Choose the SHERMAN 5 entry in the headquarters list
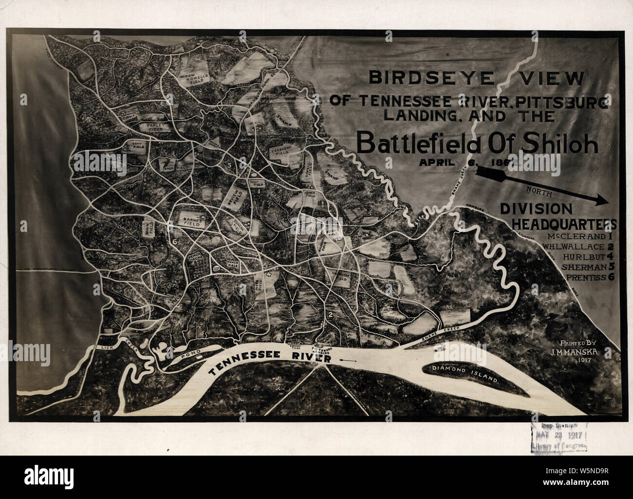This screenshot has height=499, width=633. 588,267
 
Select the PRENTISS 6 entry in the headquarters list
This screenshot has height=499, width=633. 588,278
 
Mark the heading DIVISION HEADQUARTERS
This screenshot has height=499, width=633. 558,216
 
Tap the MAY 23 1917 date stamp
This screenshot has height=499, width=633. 559,436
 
